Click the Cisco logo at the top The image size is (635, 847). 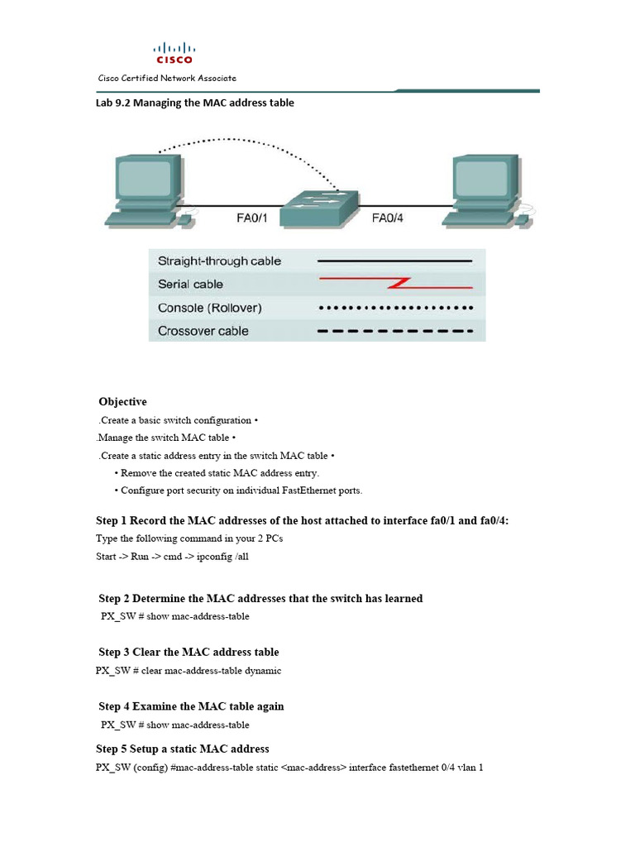(x=174, y=53)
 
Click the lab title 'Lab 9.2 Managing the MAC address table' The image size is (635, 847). (x=195, y=103)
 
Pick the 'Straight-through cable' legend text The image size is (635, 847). (x=219, y=261)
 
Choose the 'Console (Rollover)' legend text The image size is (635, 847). (x=210, y=308)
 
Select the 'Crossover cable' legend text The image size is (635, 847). (x=203, y=331)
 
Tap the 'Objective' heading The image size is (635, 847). (x=122, y=402)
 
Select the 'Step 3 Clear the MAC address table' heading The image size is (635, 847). (x=189, y=653)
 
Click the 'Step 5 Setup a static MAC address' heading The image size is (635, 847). (x=183, y=749)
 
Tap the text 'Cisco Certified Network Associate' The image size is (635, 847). (x=167, y=79)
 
